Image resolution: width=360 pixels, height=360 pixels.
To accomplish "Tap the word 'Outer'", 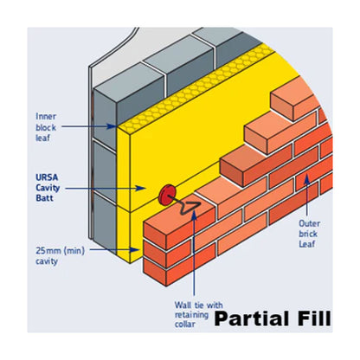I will click(x=309, y=222).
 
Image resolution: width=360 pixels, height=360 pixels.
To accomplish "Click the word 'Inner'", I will click(x=46, y=116).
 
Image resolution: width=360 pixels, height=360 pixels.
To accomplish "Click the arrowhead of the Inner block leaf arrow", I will click(x=118, y=126).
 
